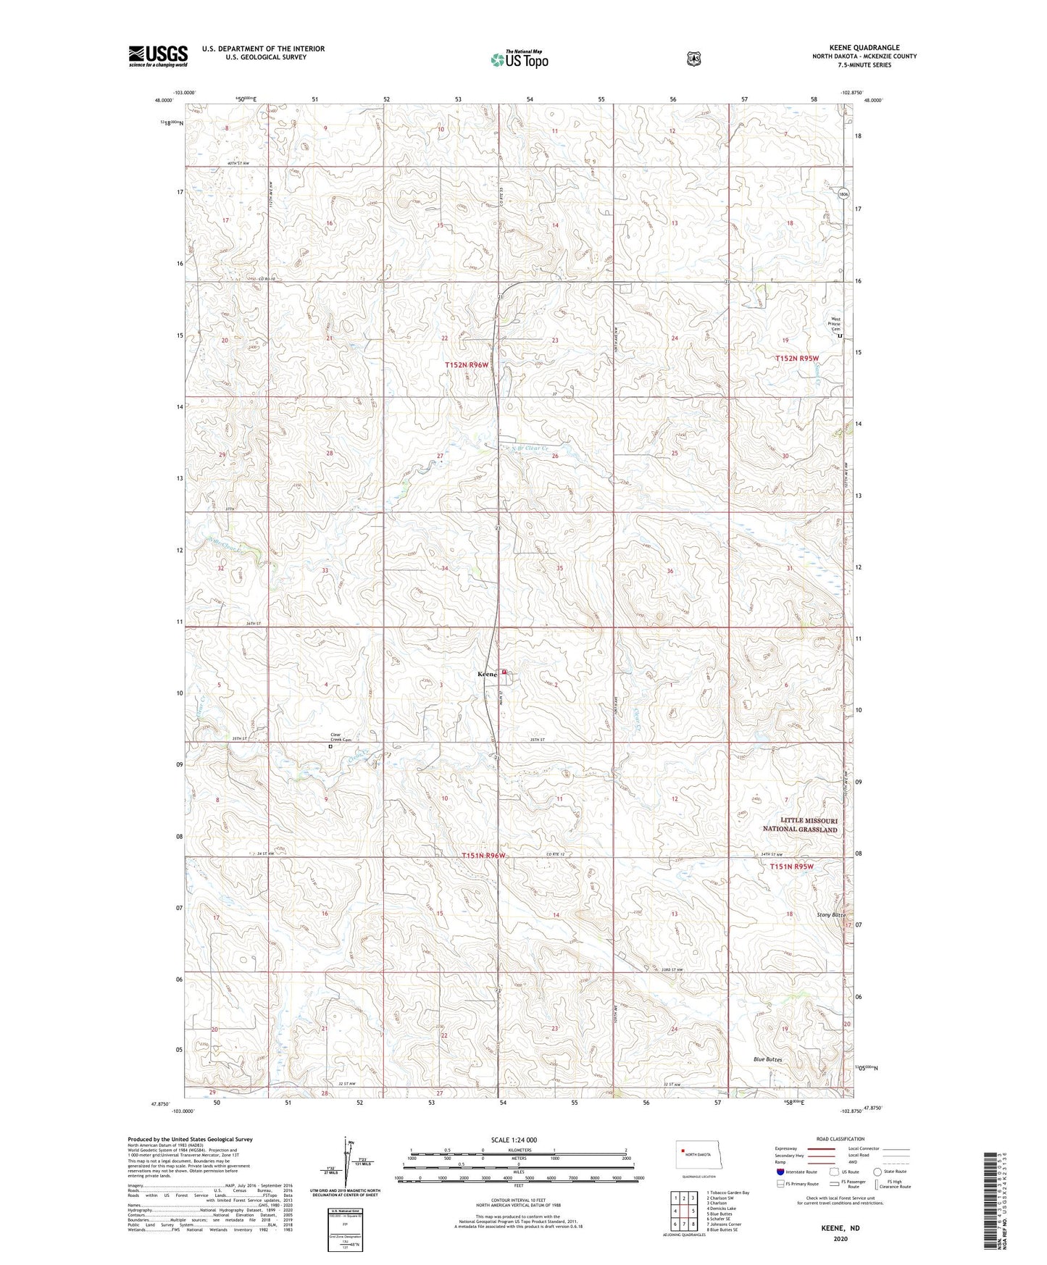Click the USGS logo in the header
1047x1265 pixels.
(158, 56)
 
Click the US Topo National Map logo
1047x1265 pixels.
(518, 59)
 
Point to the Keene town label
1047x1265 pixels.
(487, 675)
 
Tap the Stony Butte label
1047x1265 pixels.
(829, 915)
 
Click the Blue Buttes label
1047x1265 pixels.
(767, 1059)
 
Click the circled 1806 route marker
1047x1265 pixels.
(843, 194)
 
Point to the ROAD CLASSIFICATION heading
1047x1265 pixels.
(840, 1139)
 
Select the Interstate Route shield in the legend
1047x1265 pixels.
(780, 1172)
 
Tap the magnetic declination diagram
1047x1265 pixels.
(346, 1166)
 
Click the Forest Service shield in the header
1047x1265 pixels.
(693, 58)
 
